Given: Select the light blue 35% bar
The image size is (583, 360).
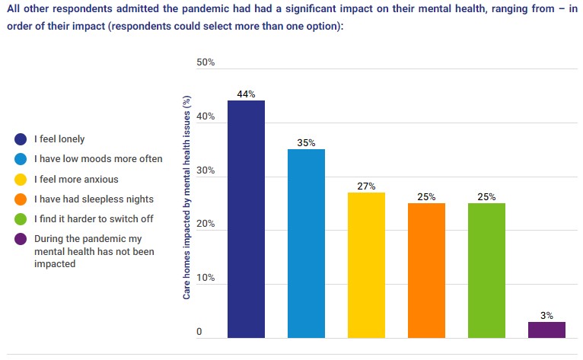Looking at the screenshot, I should point(306,244).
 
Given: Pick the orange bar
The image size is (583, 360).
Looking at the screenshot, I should point(426,270).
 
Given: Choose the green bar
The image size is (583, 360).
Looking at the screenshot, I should point(486,270).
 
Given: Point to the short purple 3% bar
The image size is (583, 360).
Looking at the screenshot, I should point(546,330).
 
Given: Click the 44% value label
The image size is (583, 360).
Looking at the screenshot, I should point(246,94).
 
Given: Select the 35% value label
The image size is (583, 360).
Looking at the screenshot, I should point(306,142).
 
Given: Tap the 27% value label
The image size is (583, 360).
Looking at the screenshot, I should point(366,186).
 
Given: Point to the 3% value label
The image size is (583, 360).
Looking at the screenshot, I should point(546,315).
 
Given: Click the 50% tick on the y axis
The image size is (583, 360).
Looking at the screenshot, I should point(205,62).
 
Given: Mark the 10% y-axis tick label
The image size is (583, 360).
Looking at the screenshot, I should point(205,279).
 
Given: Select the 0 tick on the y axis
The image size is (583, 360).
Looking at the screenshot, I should point(199,333).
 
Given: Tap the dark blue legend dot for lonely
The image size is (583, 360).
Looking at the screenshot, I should point(21,139).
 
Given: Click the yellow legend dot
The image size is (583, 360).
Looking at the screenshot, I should point(21,180).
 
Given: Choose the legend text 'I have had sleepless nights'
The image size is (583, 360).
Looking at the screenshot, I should point(94,199).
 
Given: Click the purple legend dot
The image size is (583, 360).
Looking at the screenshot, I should point(21,239).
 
